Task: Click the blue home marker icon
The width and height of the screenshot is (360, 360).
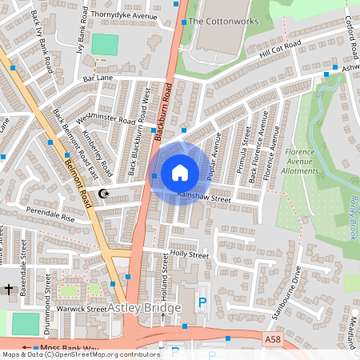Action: (x=180, y=172)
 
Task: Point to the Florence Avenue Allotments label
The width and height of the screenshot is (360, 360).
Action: (x=307, y=158)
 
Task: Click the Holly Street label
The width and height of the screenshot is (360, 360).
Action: (x=189, y=254)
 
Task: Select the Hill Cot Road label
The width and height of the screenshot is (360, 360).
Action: (x=280, y=50)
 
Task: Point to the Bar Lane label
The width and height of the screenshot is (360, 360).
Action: (x=100, y=79)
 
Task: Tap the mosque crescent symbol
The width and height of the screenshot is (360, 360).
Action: (x=102, y=193)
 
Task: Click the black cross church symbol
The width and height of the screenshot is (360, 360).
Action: (x=10, y=288)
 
